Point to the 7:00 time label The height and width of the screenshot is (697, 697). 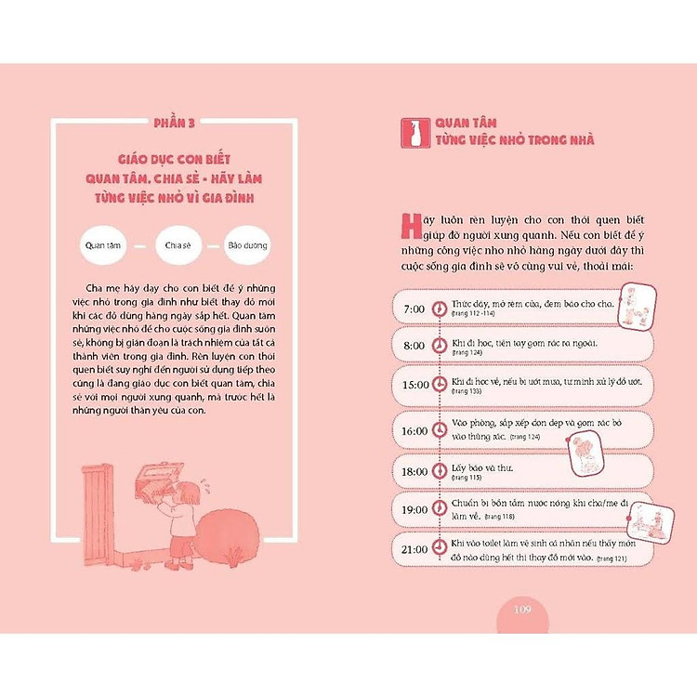click(414, 309)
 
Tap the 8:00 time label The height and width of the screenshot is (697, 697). click(414, 346)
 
